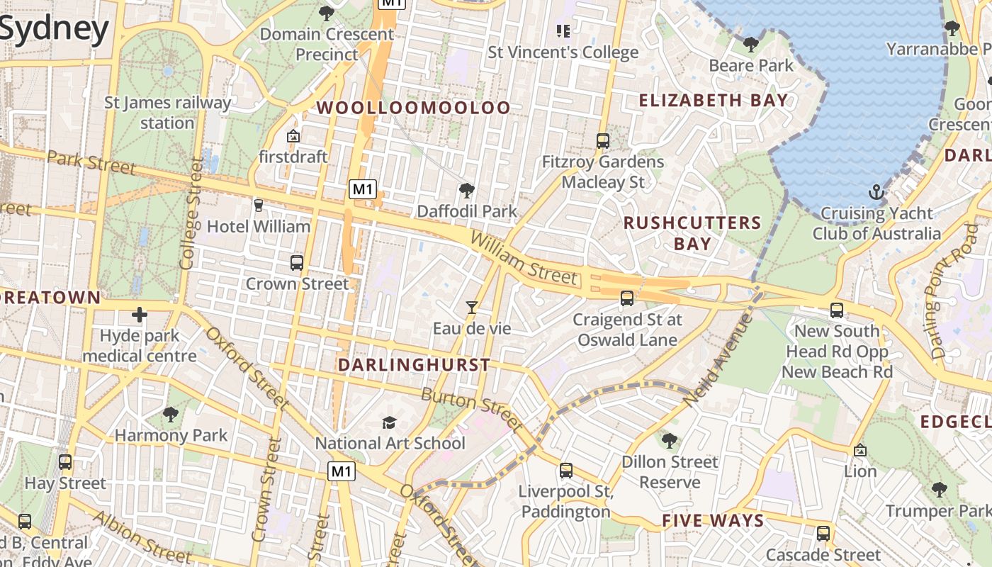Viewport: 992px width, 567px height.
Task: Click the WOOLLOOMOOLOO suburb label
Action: [413, 108]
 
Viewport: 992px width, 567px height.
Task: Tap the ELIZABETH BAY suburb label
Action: [714, 101]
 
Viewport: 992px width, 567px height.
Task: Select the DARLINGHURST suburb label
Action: [414, 365]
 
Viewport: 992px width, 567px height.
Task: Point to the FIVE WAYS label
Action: [713, 521]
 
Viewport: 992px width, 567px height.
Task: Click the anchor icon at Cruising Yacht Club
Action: [877, 192]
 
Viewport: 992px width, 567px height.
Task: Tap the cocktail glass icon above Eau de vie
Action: [471, 307]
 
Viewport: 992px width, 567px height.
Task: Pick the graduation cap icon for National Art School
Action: [389, 423]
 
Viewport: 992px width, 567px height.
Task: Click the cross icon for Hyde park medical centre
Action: [140, 314]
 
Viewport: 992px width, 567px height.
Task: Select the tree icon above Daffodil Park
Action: [466, 190]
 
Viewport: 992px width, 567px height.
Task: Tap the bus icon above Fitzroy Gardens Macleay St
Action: [603, 141]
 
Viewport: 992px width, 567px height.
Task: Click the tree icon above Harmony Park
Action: [171, 414]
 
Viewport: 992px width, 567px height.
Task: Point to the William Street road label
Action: [524, 259]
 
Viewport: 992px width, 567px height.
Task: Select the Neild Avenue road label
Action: [719, 359]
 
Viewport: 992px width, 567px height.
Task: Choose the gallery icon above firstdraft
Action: [293, 136]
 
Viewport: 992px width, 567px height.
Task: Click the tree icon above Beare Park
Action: [751, 45]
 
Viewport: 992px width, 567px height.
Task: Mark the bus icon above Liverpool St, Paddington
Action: [565, 470]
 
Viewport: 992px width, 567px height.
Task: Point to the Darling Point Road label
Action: [949, 291]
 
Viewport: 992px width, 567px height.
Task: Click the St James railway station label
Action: [167, 113]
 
